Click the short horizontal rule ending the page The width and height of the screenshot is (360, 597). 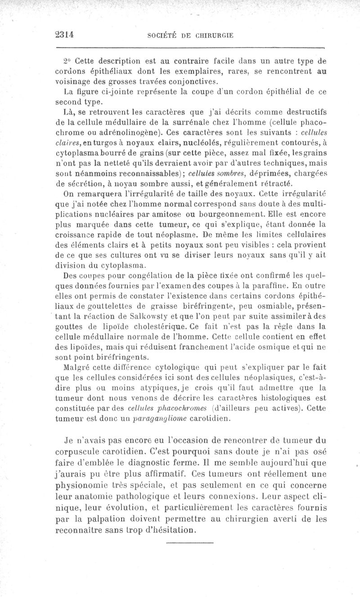[x=180, y=543]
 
